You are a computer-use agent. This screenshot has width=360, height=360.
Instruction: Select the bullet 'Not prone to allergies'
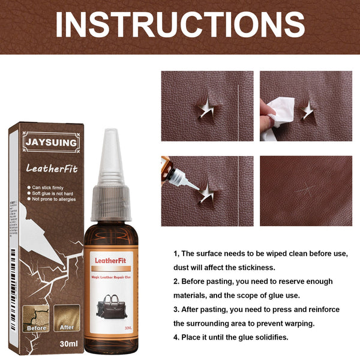pyautogui.click(x=59, y=202)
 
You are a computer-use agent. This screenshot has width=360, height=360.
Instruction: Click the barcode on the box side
pyautogui.click(x=12, y=240)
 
